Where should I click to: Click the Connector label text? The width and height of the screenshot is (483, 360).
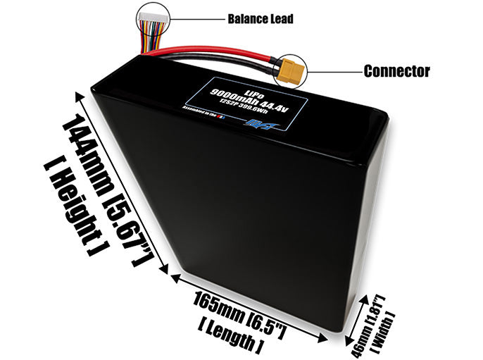[x=396, y=71]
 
